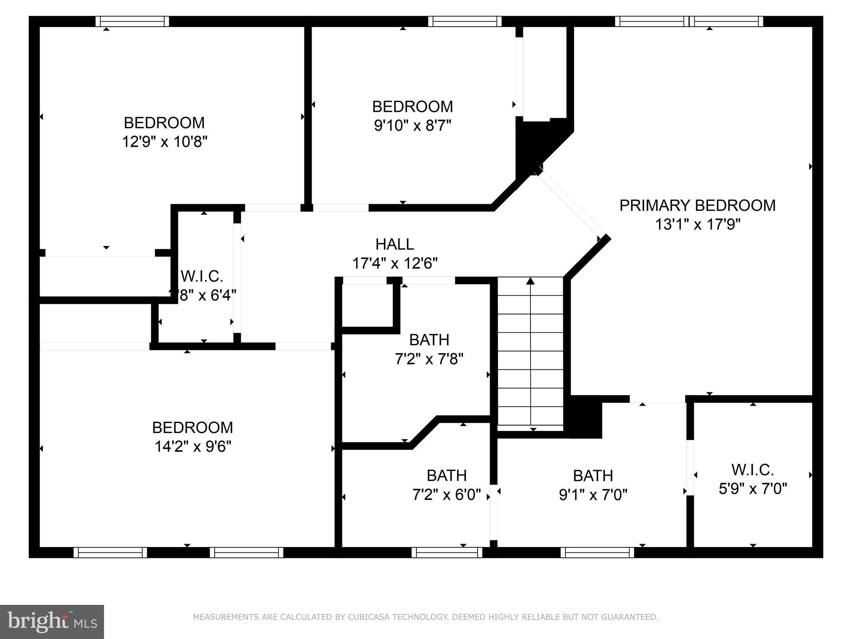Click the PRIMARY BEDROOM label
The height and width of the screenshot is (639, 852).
click(x=697, y=206)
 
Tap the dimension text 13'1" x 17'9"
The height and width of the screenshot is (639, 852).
click(x=698, y=225)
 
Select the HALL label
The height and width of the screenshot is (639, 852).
click(x=394, y=244)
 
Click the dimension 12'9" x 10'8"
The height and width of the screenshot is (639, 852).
click(x=164, y=142)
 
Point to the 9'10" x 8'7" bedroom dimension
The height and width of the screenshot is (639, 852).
click(x=412, y=125)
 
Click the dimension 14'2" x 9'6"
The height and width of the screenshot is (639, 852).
click(x=193, y=447)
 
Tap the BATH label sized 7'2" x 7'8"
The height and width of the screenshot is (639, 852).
click(x=429, y=340)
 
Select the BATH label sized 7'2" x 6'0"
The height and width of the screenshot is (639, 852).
click(x=446, y=476)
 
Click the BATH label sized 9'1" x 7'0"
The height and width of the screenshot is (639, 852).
click(x=593, y=476)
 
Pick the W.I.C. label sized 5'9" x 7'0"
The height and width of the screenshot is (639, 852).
click(x=753, y=470)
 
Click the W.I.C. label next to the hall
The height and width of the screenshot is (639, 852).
click(x=202, y=276)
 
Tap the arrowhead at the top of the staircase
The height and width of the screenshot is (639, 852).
click(x=530, y=281)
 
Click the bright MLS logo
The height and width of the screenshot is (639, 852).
click(x=52, y=622)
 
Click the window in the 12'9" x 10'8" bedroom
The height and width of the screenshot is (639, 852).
click(x=132, y=21)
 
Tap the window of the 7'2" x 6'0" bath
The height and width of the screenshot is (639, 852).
click(x=447, y=552)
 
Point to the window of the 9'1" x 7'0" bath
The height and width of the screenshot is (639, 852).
click(x=597, y=552)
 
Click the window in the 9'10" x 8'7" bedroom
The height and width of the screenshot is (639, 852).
click(x=465, y=21)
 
